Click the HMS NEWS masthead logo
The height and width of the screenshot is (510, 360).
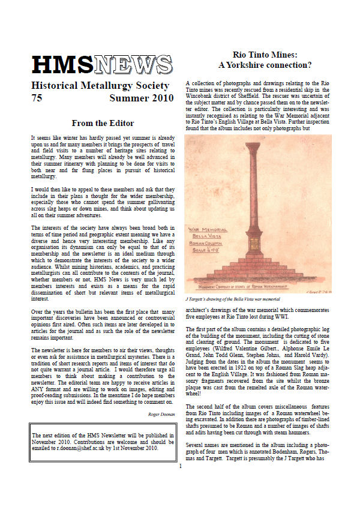(101, 65)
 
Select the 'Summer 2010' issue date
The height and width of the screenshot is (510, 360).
(140, 99)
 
